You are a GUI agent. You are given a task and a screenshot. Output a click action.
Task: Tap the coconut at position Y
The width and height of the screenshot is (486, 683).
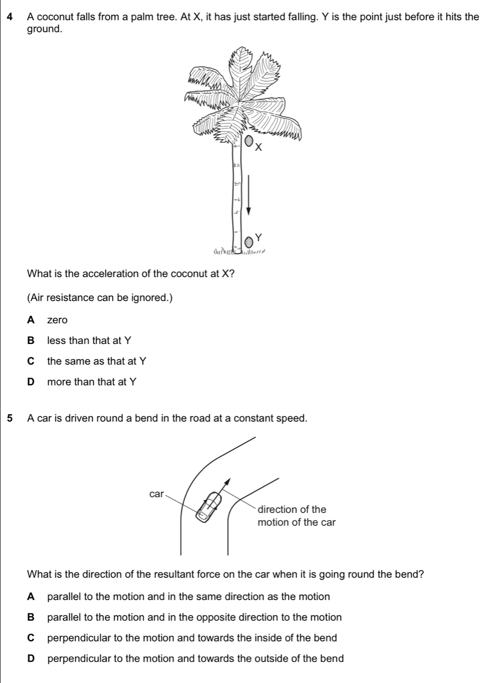click(250, 241)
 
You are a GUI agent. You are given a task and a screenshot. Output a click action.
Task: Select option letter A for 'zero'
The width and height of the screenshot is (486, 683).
click(32, 320)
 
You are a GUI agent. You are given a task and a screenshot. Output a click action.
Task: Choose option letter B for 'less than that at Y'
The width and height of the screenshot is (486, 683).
click(32, 341)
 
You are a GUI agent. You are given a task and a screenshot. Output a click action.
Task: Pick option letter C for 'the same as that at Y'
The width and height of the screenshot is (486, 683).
click(32, 361)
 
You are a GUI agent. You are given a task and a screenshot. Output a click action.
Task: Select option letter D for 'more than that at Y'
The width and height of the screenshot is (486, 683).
click(32, 382)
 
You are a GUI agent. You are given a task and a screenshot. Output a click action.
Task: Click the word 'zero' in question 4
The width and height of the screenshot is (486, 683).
click(57, 321)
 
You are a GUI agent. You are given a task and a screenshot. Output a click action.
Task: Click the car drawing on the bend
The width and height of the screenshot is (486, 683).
click(210, 506)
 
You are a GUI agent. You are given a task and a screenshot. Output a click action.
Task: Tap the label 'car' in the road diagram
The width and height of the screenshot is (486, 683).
click(156, 494)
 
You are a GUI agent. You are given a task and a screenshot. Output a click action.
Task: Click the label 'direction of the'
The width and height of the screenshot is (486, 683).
click(292, 510)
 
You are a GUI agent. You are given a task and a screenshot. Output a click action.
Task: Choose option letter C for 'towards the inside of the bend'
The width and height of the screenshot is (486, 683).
click(32, 638)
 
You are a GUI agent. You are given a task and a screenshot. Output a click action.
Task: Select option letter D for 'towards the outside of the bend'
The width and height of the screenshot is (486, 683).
click(32, 659)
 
